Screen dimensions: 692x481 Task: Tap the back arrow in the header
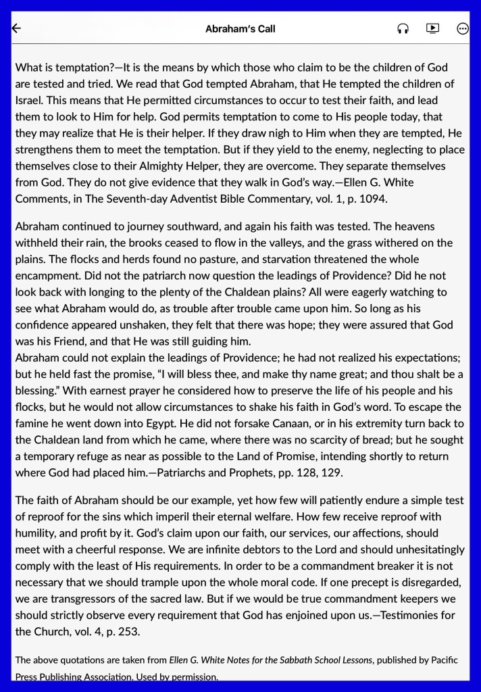tap(17, 28)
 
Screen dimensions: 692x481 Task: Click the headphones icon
tap(403, 28)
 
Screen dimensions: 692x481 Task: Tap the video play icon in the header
tap(432, 28)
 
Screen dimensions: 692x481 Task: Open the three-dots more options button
tap(463, 28)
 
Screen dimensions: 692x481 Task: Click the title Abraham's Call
tap(240, 29)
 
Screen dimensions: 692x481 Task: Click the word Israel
tap(29, 100)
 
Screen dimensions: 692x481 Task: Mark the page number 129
tap(332, 472)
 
